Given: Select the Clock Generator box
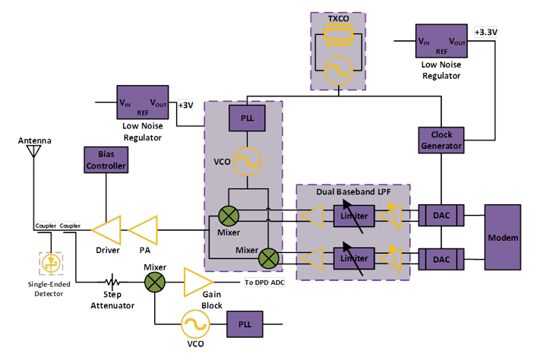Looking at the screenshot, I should click(441, 140).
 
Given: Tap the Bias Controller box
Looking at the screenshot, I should click(105, 160).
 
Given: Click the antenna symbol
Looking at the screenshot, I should click(33, 150).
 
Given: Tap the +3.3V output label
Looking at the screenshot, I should click(485, 33).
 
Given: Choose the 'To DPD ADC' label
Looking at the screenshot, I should click(264, 283).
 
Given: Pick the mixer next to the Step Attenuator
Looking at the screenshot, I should click(155, 282).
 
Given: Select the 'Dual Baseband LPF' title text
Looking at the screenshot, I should click(354, 192).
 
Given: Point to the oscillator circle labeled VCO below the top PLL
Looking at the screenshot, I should click(246, 162).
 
